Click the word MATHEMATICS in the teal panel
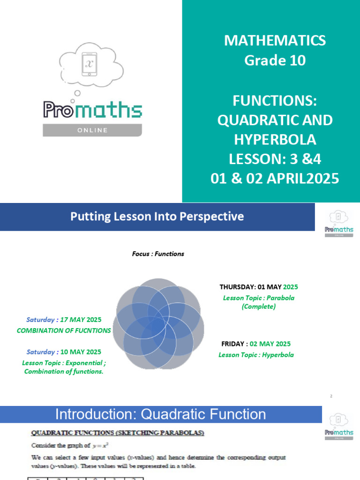(275, 40)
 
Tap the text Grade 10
(275, 60)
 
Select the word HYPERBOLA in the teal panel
(275, 140)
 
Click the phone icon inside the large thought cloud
(89, 64)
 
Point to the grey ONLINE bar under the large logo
(92, 130)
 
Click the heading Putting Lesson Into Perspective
(157, 217)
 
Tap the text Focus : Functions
(158, 254)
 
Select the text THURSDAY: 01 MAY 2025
(259, 286)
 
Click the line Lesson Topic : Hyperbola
(256, 355)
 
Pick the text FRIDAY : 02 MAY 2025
(256, 344)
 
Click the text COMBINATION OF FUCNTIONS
(64, 330)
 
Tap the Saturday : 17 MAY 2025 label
(64, 320)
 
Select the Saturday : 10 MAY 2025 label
(64, 352)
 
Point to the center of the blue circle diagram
(160, 323)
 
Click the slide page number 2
(331, 396)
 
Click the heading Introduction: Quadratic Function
(160, 414)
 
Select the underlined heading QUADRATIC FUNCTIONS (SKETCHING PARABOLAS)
(118, 434)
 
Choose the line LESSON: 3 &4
(275, 159)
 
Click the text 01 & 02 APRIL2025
(275, 179)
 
